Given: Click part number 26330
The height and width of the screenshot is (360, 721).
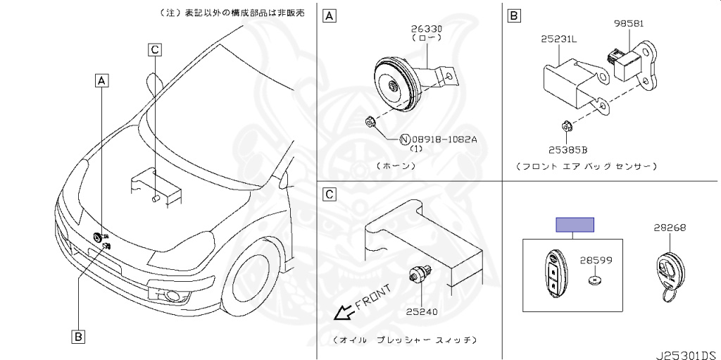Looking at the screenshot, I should [x=427, y=29].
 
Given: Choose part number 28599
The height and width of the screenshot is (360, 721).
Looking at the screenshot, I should [x=596, y=261].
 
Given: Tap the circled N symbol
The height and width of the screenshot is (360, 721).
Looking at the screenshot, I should [x=406, y=139].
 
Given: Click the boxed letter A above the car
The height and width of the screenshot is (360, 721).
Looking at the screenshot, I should [x=103, y=80].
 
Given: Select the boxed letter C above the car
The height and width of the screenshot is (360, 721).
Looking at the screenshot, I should [x=156, y=49].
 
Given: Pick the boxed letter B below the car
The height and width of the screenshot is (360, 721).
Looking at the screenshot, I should [x=79, y=336].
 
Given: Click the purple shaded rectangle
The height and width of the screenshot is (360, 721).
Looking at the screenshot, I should [x=575, y=225].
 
